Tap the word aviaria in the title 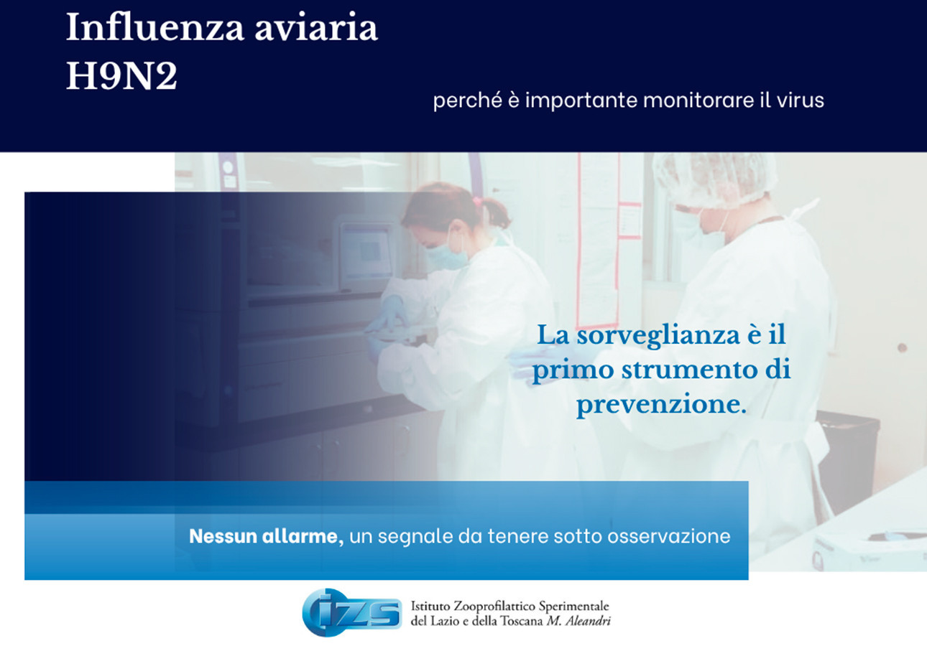pyautogui.click(x=316, y=28)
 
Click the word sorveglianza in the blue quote pyautogui.click(x=658, y=334)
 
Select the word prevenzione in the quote pyautogui.click(x=661, y=404)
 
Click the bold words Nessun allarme pyautogui.click(x=266, y=536)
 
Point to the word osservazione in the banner pyautogui.click(x=669, y=536)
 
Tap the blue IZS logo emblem pyautogui.click(x=352, y=612)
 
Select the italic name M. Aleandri pyautogui.click(x=578, y=621)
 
